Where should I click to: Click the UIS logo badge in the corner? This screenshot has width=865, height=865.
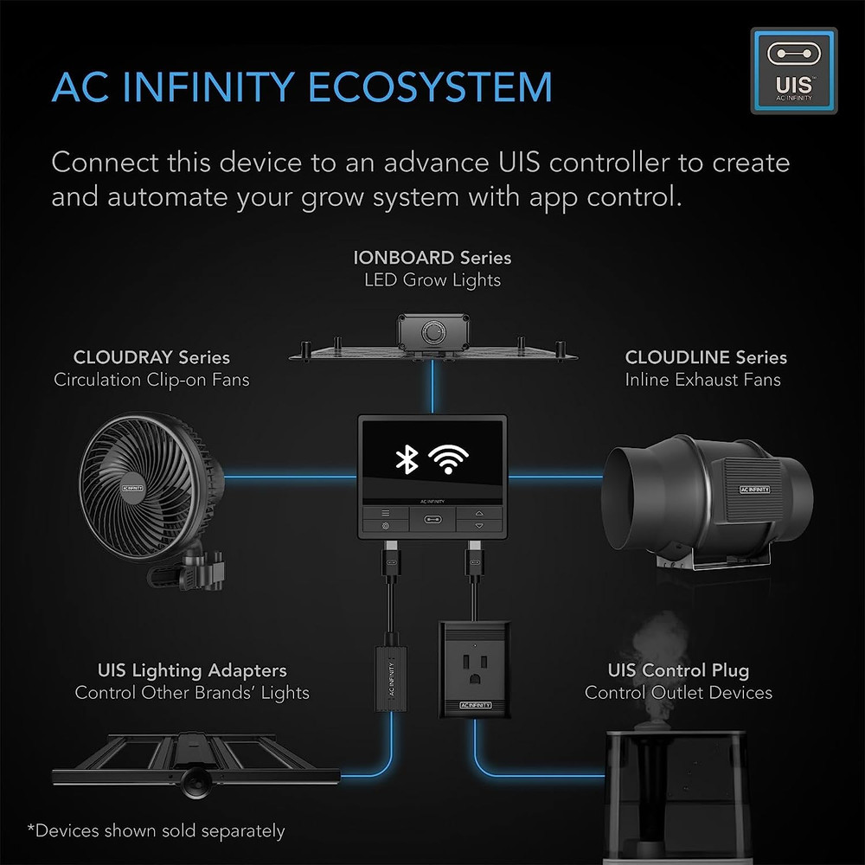[x=793, y=70]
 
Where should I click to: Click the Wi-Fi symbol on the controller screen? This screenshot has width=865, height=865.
[x=458, y=459]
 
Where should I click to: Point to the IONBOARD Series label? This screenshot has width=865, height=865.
[x=432, y=258]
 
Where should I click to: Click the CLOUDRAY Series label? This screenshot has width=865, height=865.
[x=151, y=357]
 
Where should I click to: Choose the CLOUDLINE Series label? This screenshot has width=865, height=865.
[x=706, y=357]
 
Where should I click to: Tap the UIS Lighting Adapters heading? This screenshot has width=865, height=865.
[x=192, y=670]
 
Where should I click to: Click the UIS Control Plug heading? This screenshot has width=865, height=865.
[x=678, y=670]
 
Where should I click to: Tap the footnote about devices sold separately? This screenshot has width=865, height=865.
[x=156, y=831]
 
